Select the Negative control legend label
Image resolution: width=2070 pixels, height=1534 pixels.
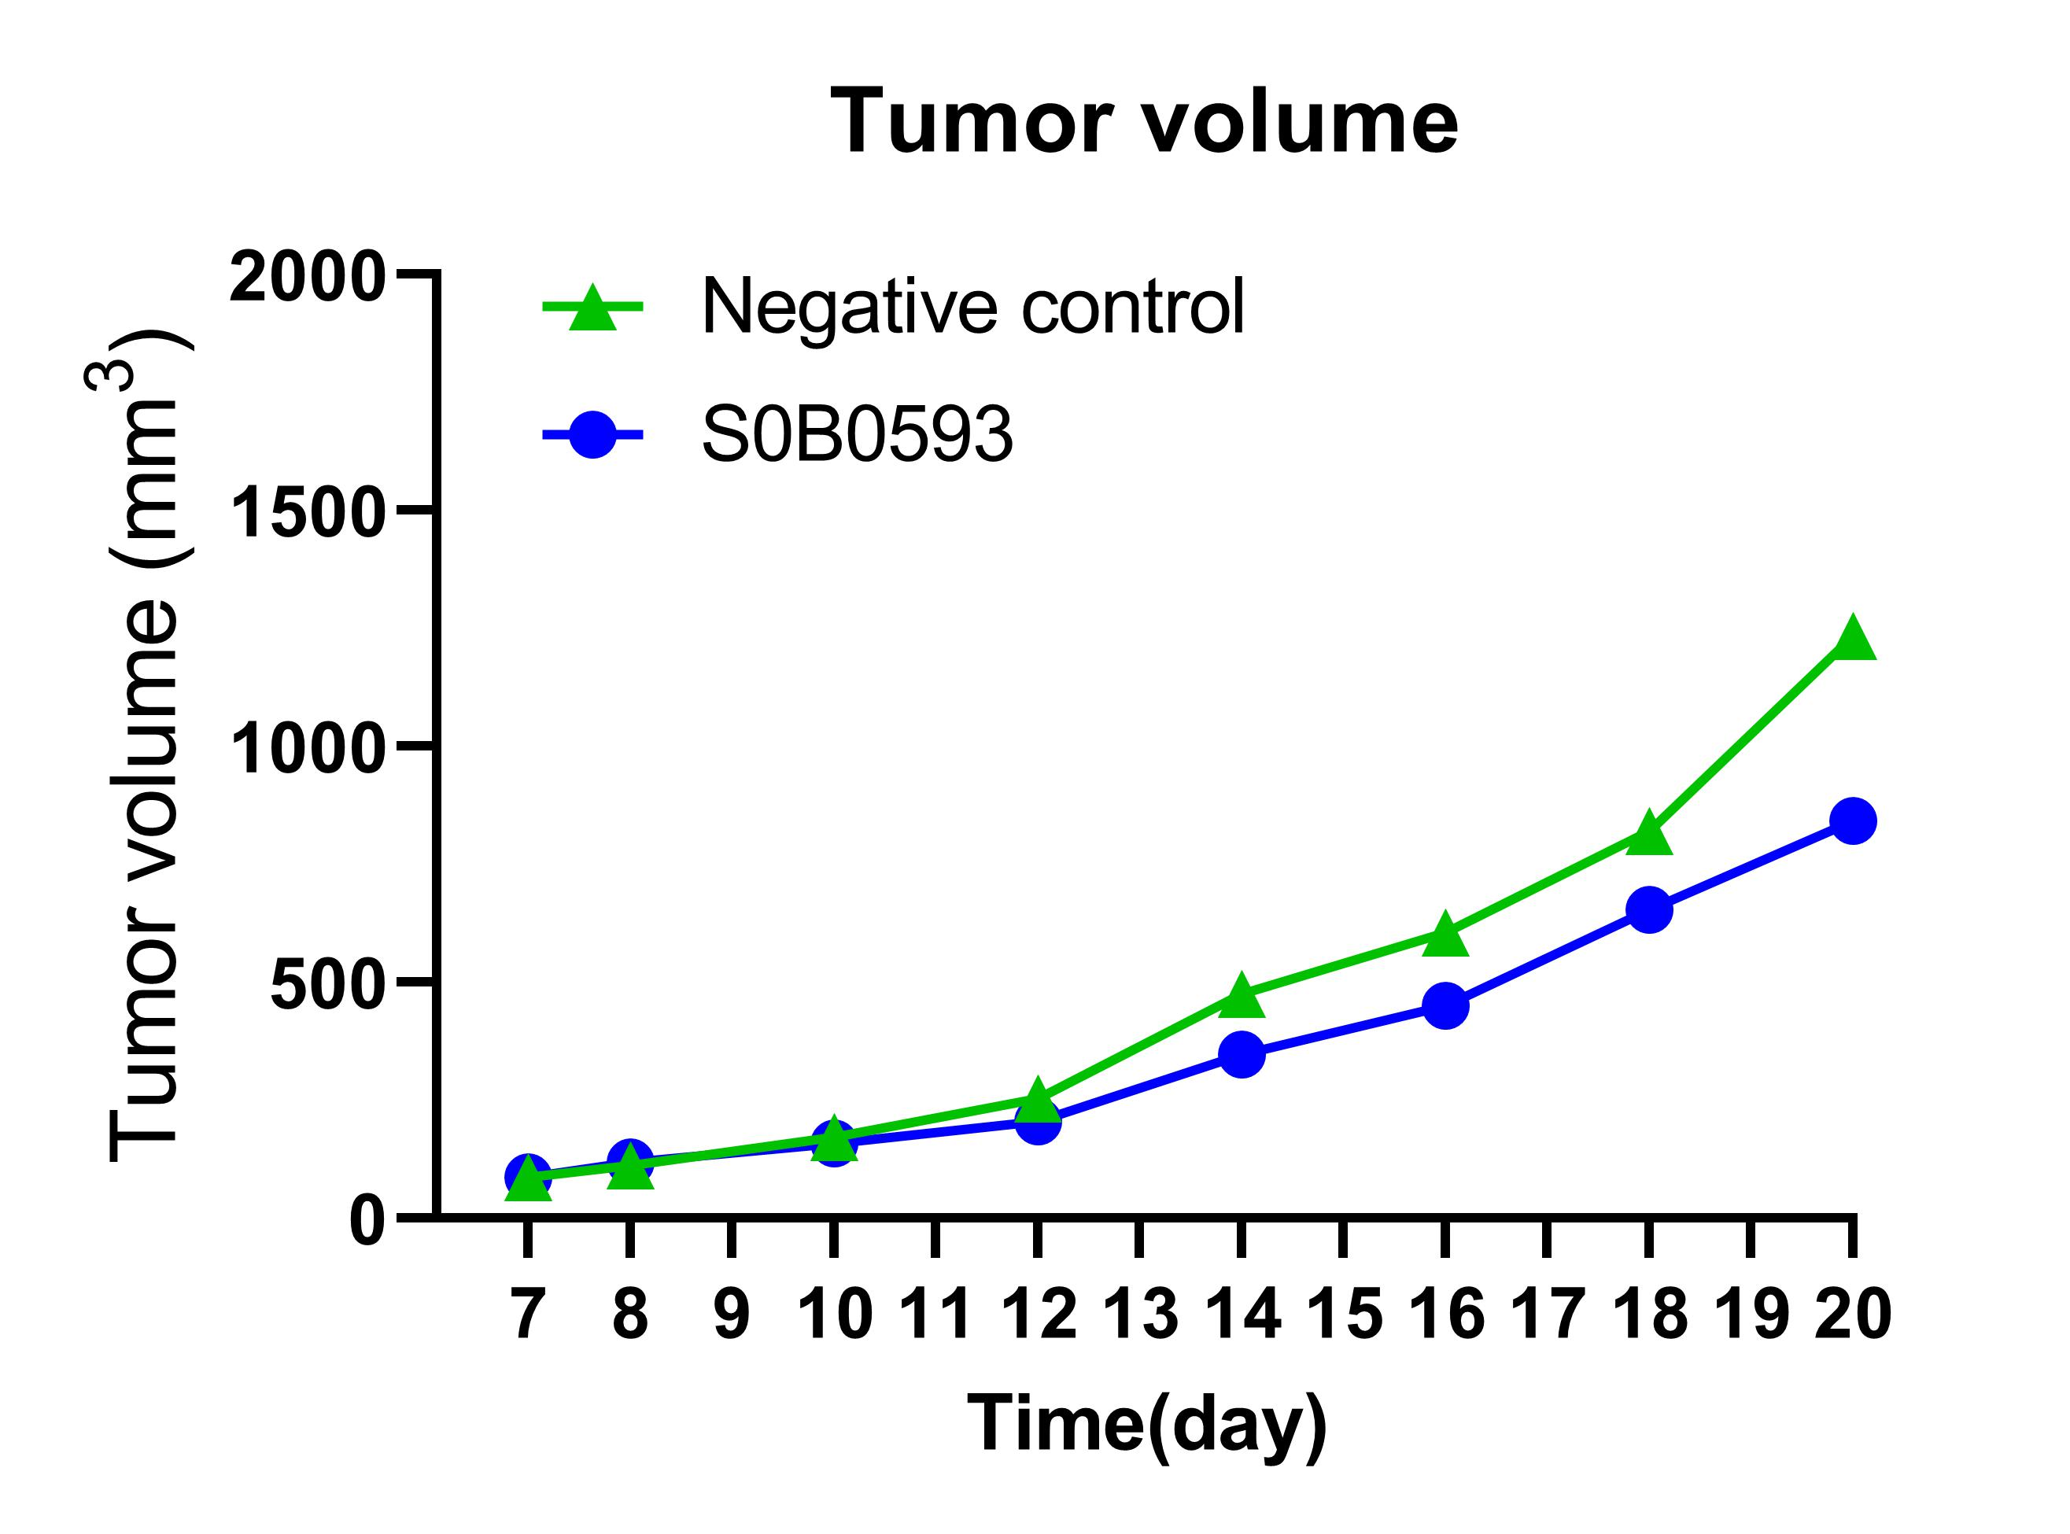pyautogui.click(x=972, y=307)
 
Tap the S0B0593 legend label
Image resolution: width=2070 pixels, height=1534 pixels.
pyautogui.click(x=856, y=434)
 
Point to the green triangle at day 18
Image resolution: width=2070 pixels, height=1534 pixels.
pyautogui.click(x=1649, y=833)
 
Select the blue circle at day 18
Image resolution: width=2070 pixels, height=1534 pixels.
pyautogui.click(x=1649, y=909)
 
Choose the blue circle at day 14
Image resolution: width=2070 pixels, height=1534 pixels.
pyautogui.click(x=1242, y=1054)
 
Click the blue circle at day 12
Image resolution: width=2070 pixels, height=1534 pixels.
pyautogui.click(x=1037, y=1123)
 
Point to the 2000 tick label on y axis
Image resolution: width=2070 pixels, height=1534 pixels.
pyautogui.click(x=307, y=277)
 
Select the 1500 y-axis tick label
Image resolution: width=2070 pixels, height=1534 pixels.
pyautogui.click(x=307, y=514)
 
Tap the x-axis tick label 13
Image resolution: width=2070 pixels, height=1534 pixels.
pyautogui.click(x=1139, y=1315)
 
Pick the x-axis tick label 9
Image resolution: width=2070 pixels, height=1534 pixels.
pyautogui.click(x=732, y=1315)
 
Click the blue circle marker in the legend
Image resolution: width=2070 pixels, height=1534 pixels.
pyautogui.click(x=592, y=433)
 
